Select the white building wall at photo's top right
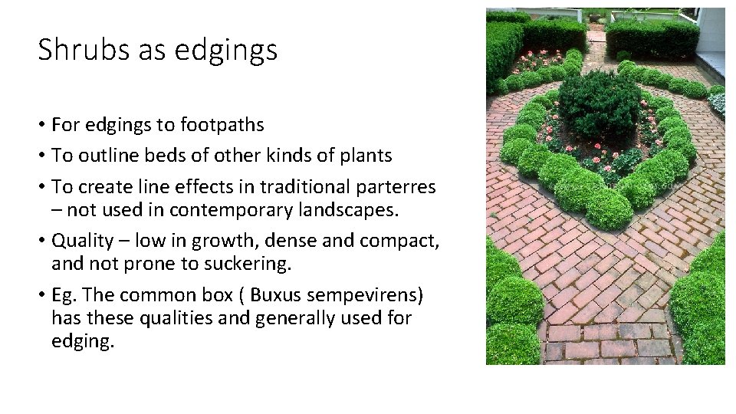tap(712, 31)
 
